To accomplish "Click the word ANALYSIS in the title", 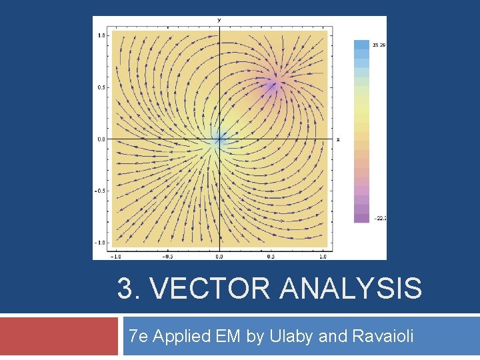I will tap(351, 289).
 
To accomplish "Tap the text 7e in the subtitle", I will tap(139, 336).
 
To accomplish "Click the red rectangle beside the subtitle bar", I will tap(59, 336).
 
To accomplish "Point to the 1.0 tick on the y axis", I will tap(102, 35).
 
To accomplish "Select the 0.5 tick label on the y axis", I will tap(102, 87).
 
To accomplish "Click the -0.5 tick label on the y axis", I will tap(101, 191).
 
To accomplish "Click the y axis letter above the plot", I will tap(219, 20).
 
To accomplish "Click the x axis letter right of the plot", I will tap(338, 139).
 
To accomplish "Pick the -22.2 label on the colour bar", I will tap(379, 218).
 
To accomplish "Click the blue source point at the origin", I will tap(219, 139).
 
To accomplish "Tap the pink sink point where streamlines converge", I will tap(274, 83).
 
